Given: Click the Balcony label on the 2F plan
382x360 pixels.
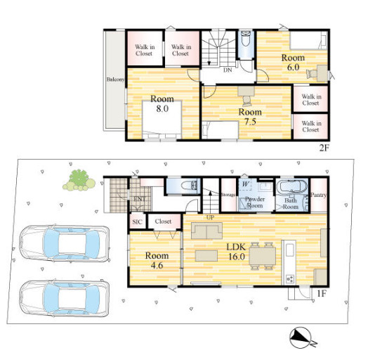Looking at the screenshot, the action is pyautogui.click(x=116, y=79).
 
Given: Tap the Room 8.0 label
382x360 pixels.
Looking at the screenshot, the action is pyautogui.click(x=162, y=103).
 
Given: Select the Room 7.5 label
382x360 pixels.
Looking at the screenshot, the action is pyautogui.click(x=250, y=117).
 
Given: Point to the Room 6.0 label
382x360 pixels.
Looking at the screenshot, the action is pyautogui.click(x=294, y=62).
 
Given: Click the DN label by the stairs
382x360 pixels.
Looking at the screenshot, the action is pyautogui.click(x=228, y=70).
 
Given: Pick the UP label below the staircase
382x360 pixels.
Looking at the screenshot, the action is pyautogui.click(x=210, y=217).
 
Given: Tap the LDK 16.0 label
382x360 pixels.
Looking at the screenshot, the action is pyautogui.click(x=237, y=252).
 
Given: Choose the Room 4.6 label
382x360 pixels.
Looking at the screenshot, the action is pyautogui.click(x=157, y=260).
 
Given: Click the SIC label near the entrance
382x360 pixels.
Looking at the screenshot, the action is pyautogui.click(x=137, y=222).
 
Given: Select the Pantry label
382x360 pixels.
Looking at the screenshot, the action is pyautogui.click(x=318, y=195).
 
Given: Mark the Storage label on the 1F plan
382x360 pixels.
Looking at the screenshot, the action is pyautogui.click(x=228, y=195).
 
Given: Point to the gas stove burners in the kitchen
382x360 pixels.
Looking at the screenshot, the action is pyautogui.click(x=290, y=278).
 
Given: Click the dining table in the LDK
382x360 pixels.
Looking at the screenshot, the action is pyautogui.click(x=263, y=256).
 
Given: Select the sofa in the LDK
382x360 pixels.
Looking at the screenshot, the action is pyautogui.click(x=207, y=231).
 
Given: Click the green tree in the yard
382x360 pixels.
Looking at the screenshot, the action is pyautogui.click(x=79, y=181).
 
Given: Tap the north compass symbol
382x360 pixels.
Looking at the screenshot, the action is pyautogui.click(x=301, y=337).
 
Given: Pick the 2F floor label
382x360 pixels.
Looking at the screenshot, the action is pyautogui.click(x=324, y=148).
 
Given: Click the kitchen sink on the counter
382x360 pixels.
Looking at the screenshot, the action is pyautogui.click(x=290, y=250).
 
